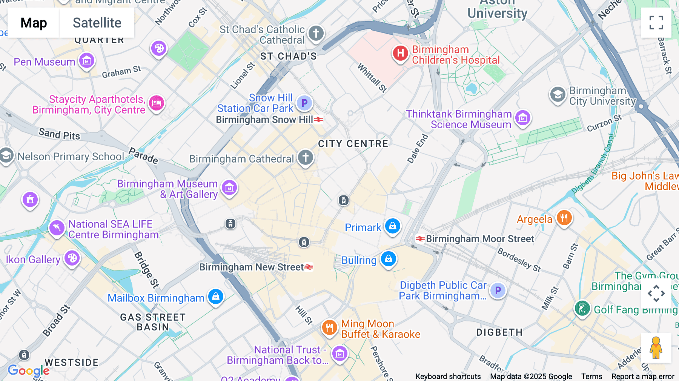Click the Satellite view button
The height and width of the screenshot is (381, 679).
[x=97, y=23]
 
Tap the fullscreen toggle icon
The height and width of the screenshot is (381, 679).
[x=656, y=23]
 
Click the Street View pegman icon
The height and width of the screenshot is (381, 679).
[x=656, y=347]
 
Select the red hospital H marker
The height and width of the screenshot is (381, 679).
[x=400, y=53]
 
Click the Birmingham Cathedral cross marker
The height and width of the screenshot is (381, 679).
[x=305, y=157]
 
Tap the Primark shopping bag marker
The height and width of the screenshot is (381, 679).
[x=393, y=226]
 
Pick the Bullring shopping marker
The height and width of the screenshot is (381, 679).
[x=388, y=259]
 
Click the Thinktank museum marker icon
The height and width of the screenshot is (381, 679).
[x=522, y=118]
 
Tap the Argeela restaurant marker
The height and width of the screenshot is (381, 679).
[x=564, y=218]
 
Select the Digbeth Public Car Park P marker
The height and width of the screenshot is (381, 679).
[x=498, y=290]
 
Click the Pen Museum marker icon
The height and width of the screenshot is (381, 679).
[x=87, y=60]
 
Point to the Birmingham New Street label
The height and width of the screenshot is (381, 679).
[x=252, y=267]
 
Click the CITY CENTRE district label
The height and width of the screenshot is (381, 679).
[x=353, y=144]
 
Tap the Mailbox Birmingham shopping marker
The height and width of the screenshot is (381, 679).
[x=216, y=297]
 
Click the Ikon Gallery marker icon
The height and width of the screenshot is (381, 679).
[x=72, y=258]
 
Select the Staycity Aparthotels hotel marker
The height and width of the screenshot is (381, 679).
[x=156, y=103]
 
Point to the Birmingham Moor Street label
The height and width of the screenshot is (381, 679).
[x=479, y=239]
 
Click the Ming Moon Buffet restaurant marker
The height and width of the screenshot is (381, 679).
[x=329, y=327]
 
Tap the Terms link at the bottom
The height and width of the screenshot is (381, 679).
[x=591, y=376]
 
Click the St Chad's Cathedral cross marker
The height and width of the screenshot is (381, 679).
[x=316, y=33]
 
